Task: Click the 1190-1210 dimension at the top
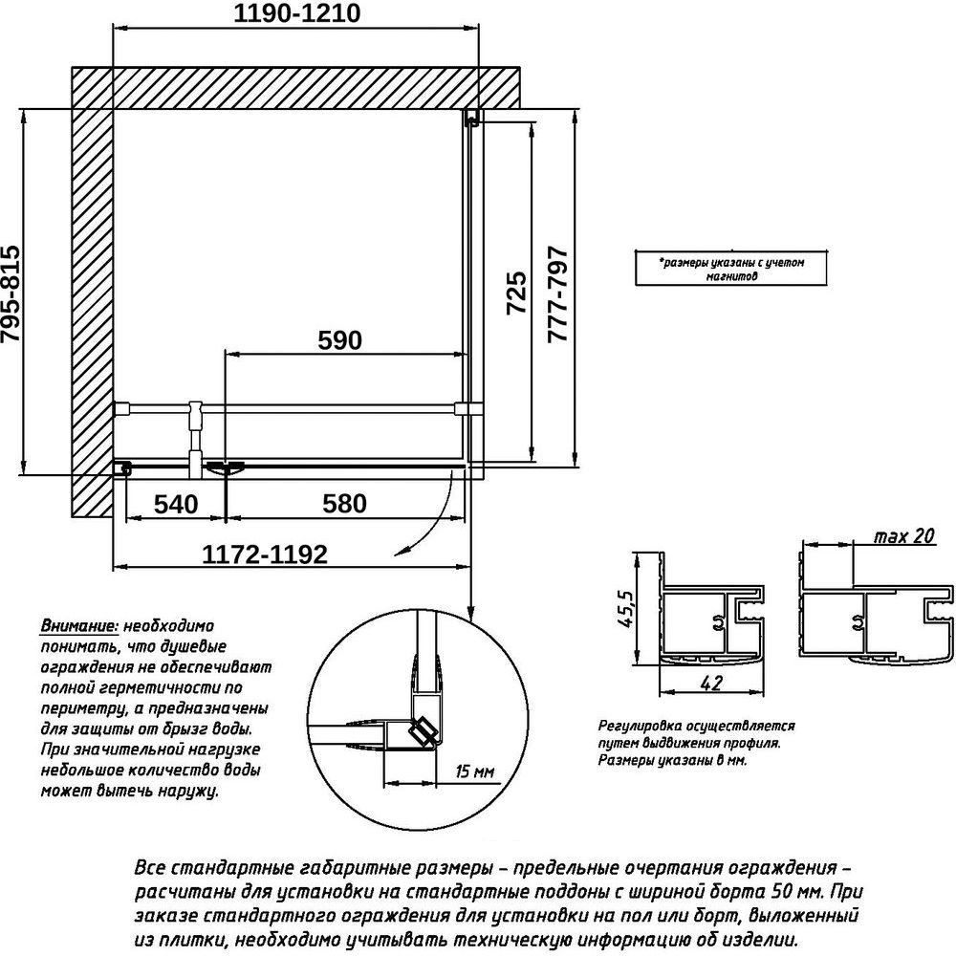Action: tap(297, 13)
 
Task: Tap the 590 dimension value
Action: tap(339, 340)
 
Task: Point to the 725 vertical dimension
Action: tap(516, 293)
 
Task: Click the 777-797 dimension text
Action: tap(558, 294)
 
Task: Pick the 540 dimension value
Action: tap(176, 504)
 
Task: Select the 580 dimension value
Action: tap(344, 504)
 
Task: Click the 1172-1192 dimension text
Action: tap(265, 554)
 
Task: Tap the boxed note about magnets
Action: tap(731, 269)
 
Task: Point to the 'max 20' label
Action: tap(904, 536)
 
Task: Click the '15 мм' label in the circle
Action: tap(475, 771)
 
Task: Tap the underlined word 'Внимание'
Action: tap(79, 626)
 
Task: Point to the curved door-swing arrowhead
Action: tap(400, 552)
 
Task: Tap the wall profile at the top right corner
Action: tap(471, 118)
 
